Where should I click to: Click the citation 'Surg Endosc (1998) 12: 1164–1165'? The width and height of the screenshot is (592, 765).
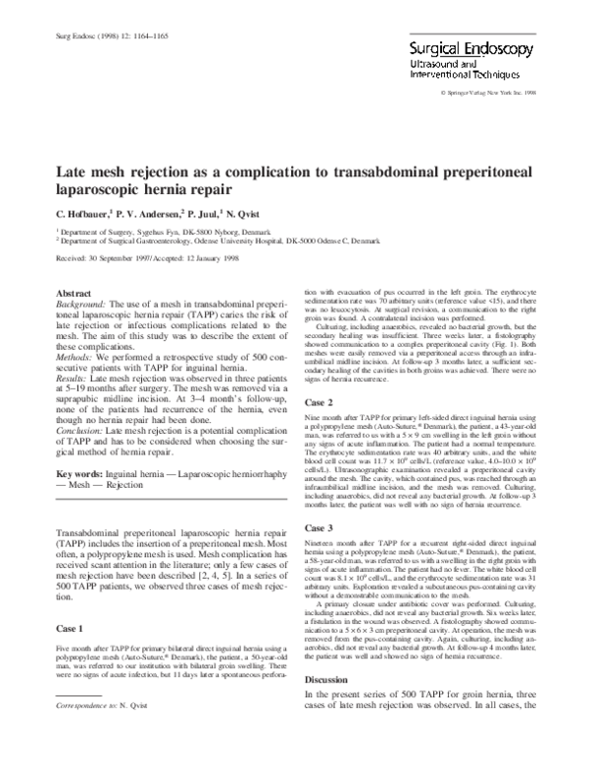[97, 36]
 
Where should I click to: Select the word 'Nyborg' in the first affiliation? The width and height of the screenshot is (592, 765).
[217, 230]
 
